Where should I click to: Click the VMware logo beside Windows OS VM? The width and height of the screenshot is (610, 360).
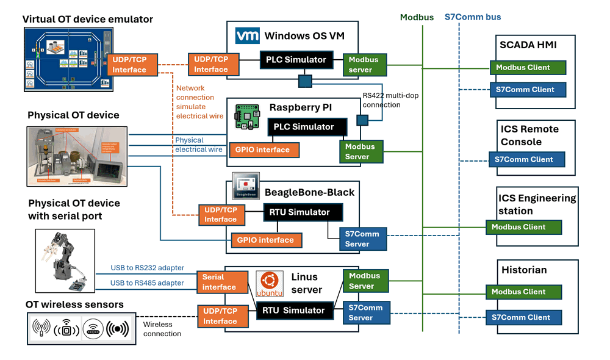pos(247,35)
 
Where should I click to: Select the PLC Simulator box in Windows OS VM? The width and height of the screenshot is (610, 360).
pos(296,60)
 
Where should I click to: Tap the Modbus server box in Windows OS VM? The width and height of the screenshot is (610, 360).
pos(363,65)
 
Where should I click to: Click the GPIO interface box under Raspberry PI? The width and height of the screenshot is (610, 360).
pos(264,149)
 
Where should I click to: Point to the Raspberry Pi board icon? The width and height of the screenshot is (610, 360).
pos(247,118)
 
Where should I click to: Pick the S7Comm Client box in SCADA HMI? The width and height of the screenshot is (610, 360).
pos(528,89)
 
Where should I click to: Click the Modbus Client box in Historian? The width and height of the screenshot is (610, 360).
pos(523,292)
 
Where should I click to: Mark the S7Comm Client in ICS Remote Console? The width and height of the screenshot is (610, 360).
pos(527,159)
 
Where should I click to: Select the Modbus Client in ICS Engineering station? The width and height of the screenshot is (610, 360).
pos(523,227)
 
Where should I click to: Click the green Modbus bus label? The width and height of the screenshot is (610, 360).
pos(417,17)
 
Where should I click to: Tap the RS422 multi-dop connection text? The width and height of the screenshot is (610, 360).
pos(390,100)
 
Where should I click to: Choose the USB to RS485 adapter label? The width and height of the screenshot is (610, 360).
pos(147,283)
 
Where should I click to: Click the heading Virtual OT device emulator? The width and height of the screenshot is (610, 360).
pos(88,20)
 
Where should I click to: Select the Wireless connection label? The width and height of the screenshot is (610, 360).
pos(162,329)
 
